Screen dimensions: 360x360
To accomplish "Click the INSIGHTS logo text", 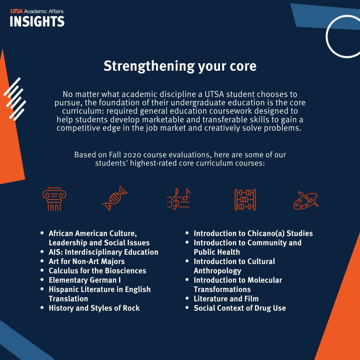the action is pyautogui.click(x=37, y=21).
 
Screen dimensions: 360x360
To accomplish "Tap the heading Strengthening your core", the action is pyautogui.click(x=180, y=66).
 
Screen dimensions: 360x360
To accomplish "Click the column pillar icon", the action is pyautogui.click(x=54, y=199).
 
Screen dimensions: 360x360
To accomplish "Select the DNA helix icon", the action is pyautogui.click(x=115, y=198).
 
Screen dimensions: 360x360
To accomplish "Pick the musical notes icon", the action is pyautogui.click(x=179, y=199).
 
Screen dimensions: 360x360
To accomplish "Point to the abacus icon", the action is pyautogui.click(x=245, y=200).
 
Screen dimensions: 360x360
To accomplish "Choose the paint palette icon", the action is pyautogui.click(x=306, y=200).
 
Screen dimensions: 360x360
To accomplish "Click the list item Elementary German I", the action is pyautogui.click(x=85, y=280).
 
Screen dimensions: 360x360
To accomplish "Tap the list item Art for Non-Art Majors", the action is pyautogui.click(x=87, y=262).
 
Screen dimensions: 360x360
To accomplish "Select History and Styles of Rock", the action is pyautogui.click(x=94, y=308).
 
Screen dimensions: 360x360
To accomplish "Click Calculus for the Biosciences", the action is pyautogui.click(x=97, y=271).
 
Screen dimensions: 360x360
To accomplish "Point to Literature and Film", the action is pyautogui.click(x=226, y=299).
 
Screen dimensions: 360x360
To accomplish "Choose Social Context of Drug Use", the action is pyautogui.click(x=240, y=308).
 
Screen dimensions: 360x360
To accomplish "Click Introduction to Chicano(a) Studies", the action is pyautogui.click(x=253, y=233).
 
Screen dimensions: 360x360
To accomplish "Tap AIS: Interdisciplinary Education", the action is pyautogui.click(x=104, y=252).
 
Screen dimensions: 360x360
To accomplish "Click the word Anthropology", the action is pyautogui.click(x=217, y=271).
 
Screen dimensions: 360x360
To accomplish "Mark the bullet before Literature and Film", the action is pyautogui.click(x=187, y=298).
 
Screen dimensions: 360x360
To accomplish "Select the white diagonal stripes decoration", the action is pyautogui.click(x=15, y=99).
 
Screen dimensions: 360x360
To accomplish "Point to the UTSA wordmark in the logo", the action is pyautogui.click(x=16, y=11).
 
